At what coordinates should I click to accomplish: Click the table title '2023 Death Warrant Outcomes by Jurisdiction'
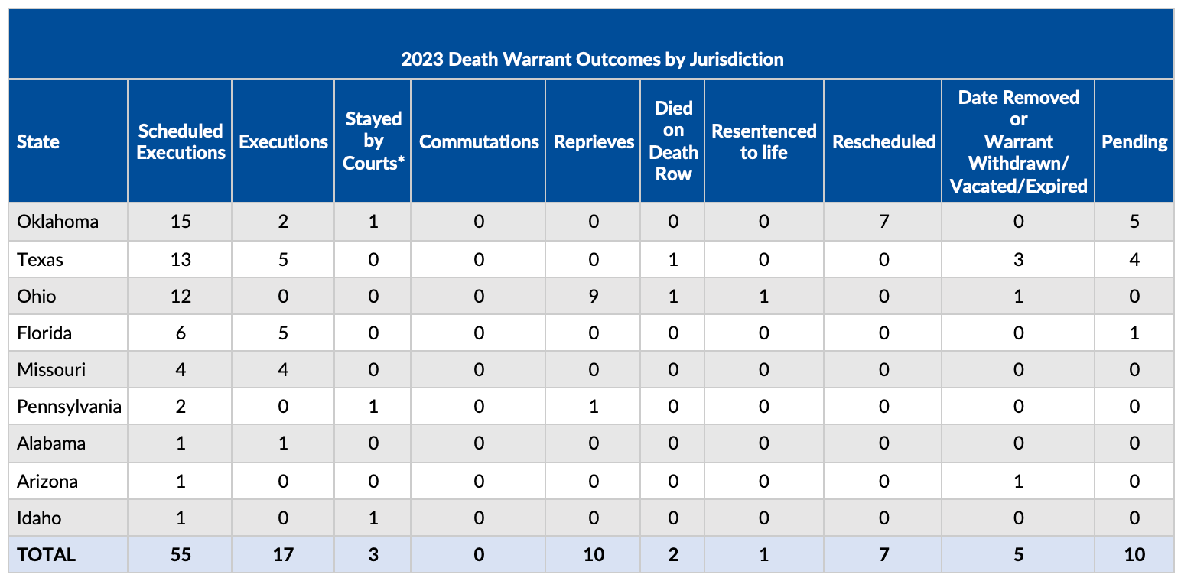coord(591,60)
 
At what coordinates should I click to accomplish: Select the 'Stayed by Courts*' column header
coord(373,141)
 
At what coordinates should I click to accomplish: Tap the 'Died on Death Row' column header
coord(672,141)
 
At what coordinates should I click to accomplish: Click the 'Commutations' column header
coord(478,142)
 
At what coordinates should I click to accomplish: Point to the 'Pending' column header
coord(1134,142)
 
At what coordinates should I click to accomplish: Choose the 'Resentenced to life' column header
coord(763,141)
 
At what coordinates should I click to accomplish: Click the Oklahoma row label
coord(57,222)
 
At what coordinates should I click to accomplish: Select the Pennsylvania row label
coord(69,407)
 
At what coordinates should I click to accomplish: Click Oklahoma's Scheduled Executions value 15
coord(181,222)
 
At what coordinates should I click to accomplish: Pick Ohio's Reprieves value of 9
coord(593,297)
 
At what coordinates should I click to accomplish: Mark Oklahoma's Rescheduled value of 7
coord(883,222)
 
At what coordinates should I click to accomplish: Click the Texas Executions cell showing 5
coord(283,260)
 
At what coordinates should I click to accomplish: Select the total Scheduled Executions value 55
coord(181,555)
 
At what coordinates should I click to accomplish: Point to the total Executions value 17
coord(283,555)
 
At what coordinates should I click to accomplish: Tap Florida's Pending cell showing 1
coord(1134,333)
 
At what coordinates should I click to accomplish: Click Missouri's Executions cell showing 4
coord(283,370)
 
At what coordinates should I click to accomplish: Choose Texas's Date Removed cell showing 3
coord(1018,260)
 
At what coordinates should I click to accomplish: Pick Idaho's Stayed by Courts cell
coord(373,518)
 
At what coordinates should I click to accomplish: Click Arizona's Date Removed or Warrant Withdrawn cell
coord(1018,482)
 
